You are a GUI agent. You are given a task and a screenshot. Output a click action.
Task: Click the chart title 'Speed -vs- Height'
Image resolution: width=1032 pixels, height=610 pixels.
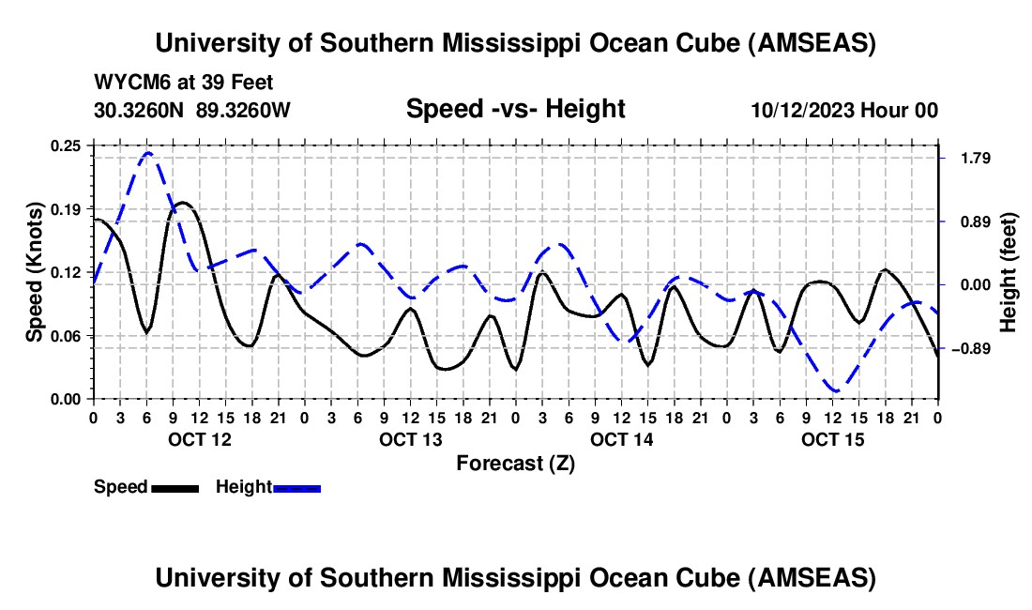(515, 109)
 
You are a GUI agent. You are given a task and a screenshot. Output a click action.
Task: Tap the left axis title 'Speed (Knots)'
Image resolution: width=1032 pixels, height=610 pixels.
(35, 272)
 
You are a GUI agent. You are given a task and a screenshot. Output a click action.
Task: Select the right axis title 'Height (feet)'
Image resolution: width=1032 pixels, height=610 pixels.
(1009, 273)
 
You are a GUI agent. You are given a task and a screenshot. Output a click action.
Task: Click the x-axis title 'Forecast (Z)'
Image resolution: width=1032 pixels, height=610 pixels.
(515, 463)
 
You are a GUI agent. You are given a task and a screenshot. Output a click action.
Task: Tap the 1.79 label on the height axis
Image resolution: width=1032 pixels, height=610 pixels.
(968, 158)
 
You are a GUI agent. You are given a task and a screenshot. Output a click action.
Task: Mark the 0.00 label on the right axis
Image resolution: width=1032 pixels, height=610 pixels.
(968, 285)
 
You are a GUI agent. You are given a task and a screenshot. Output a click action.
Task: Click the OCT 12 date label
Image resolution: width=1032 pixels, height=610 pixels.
(199, 439)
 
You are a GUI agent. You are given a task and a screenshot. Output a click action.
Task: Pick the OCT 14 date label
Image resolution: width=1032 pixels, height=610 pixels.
(622, 439)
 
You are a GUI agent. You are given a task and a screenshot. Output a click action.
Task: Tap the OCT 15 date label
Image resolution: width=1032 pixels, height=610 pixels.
(833, 439)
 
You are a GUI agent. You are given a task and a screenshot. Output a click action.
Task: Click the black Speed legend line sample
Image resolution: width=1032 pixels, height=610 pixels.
(175, 488)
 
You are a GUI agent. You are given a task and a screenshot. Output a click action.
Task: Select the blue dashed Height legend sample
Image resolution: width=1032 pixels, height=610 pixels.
(296, 488)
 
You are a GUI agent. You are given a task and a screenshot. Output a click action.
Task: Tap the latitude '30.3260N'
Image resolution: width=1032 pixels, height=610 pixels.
(141, 110)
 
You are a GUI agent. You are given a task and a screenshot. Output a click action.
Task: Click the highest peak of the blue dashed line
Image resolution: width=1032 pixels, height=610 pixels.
(148, 152)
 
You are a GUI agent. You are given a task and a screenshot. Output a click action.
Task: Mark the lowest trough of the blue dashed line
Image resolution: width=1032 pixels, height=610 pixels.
(835, 389)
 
